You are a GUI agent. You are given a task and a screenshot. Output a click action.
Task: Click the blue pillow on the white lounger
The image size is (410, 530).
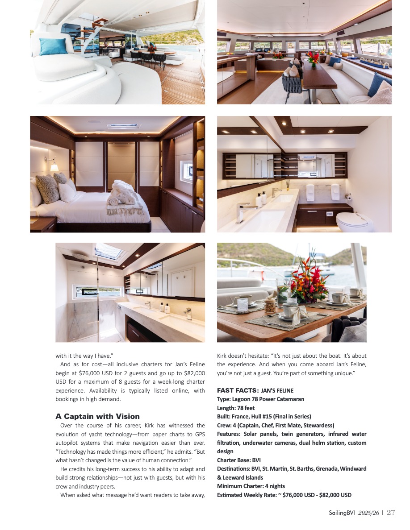(x=53, y=46)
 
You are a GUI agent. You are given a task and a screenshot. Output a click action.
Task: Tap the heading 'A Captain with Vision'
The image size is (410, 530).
(x=97, y=416)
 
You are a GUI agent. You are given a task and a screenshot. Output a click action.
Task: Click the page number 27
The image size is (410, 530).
(x=391, y=513)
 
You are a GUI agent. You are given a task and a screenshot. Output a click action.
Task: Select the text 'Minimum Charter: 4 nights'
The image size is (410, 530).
(x=251, y=486)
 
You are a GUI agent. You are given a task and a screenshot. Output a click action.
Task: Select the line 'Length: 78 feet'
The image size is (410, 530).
(x=236, y=408)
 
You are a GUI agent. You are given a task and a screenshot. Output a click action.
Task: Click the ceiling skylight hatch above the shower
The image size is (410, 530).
(x=109, y=251)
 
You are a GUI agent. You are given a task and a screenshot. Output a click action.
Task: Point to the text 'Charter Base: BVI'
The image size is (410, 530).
(x=238, y=460)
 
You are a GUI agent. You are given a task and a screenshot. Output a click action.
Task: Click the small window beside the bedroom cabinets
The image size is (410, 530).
(x=187, y=171)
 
